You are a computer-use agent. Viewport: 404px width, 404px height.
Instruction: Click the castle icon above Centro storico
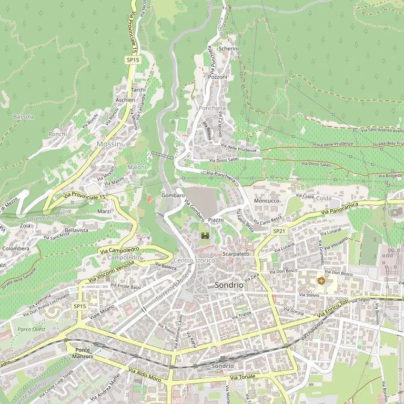[205, 236]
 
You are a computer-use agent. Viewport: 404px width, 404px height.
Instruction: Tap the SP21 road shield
[279, 231]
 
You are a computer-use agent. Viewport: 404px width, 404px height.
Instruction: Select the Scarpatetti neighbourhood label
[236, 254]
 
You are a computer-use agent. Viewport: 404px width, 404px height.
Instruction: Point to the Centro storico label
[194, 261]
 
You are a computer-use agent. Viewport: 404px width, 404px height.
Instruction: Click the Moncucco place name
[267, 201]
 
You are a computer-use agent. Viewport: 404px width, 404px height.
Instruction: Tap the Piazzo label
[216, 220]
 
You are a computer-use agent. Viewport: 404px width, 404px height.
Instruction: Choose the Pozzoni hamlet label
[218, 77]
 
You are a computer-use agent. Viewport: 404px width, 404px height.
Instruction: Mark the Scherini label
[228, 48]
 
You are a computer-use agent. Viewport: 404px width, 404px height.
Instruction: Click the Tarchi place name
[138, 90]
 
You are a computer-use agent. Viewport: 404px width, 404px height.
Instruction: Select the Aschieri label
[125, 100]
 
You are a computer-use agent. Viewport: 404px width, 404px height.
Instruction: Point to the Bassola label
[24, 117]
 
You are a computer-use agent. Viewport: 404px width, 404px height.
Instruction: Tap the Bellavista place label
[76, 230]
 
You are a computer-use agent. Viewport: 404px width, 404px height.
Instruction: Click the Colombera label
[16, 248]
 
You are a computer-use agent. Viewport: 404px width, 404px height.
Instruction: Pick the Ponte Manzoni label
[84, 353]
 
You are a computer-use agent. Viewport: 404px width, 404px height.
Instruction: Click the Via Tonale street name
[243, 377]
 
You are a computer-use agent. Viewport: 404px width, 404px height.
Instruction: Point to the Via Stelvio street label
[309, 295]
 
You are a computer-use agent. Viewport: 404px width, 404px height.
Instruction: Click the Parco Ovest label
[31, 329]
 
